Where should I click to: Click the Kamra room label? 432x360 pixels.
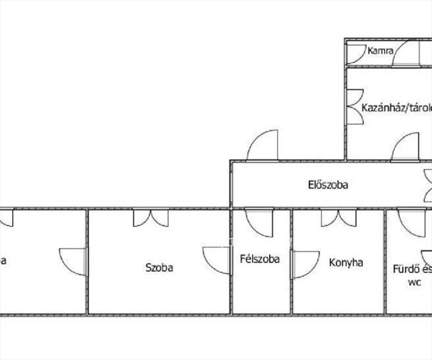coord(380,51)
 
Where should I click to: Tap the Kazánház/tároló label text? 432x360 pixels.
coord(396,108)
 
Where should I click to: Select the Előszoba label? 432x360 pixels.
coord(328,185)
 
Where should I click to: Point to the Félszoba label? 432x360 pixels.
coord(260,259)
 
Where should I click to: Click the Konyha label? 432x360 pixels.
coord(346,262)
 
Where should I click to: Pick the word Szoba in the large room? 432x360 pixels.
coord(159,267)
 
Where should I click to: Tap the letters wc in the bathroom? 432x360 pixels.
coord(414,283)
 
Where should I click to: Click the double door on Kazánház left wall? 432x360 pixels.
coord(355,107)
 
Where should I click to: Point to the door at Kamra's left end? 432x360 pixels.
coord(355,54)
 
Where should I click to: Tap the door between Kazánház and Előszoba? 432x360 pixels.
coord(406,147)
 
